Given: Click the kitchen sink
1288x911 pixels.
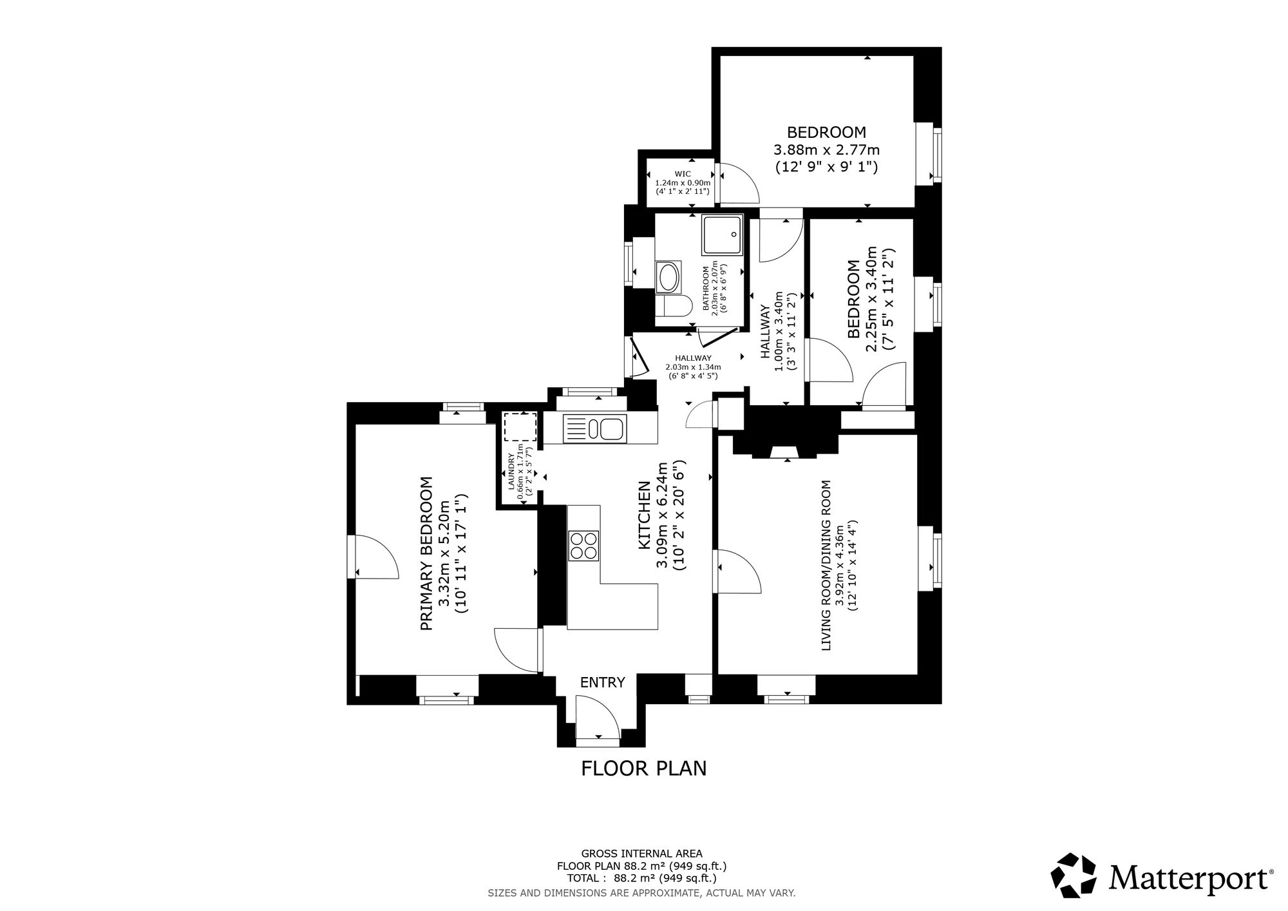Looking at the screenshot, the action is (594, 429).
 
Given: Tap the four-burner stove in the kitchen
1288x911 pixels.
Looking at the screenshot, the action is (583, 546).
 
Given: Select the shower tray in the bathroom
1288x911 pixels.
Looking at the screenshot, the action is (723, 235).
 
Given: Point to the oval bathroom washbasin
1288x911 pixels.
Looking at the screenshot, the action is (667, 278).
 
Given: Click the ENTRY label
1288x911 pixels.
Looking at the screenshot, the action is (603, 682).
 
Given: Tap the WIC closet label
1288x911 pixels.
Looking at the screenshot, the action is (683, 174).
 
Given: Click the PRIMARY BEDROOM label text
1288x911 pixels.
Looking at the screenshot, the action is (426, 553).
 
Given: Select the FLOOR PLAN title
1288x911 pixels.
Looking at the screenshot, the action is (644, 769).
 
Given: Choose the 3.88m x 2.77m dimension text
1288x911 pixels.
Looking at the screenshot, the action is (826, 150).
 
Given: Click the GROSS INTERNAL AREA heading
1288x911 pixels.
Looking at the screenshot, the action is (642, 854).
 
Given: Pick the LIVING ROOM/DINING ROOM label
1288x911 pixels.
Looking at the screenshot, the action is (827, 565).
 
